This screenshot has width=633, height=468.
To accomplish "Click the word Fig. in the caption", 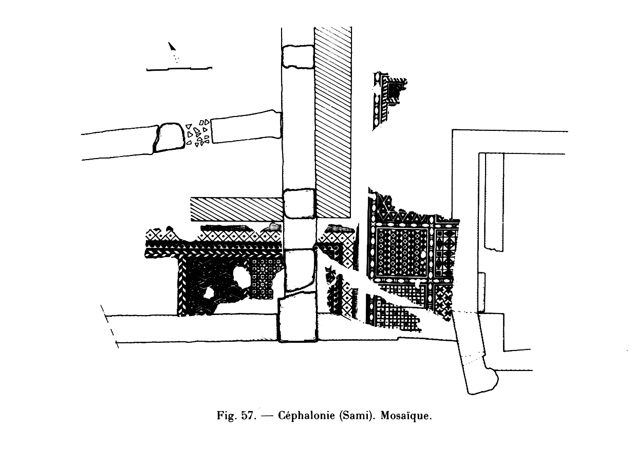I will pos(227,416).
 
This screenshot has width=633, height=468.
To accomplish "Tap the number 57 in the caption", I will pos(248,416).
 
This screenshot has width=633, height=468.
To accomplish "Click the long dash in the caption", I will pos(267,416).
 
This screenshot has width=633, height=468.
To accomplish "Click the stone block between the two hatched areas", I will pos(299,204).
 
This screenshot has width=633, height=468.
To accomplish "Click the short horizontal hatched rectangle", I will pos(236,209).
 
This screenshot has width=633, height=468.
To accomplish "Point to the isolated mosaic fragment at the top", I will pos(388,100).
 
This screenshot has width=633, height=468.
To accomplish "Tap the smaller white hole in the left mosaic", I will pos(210,292).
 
